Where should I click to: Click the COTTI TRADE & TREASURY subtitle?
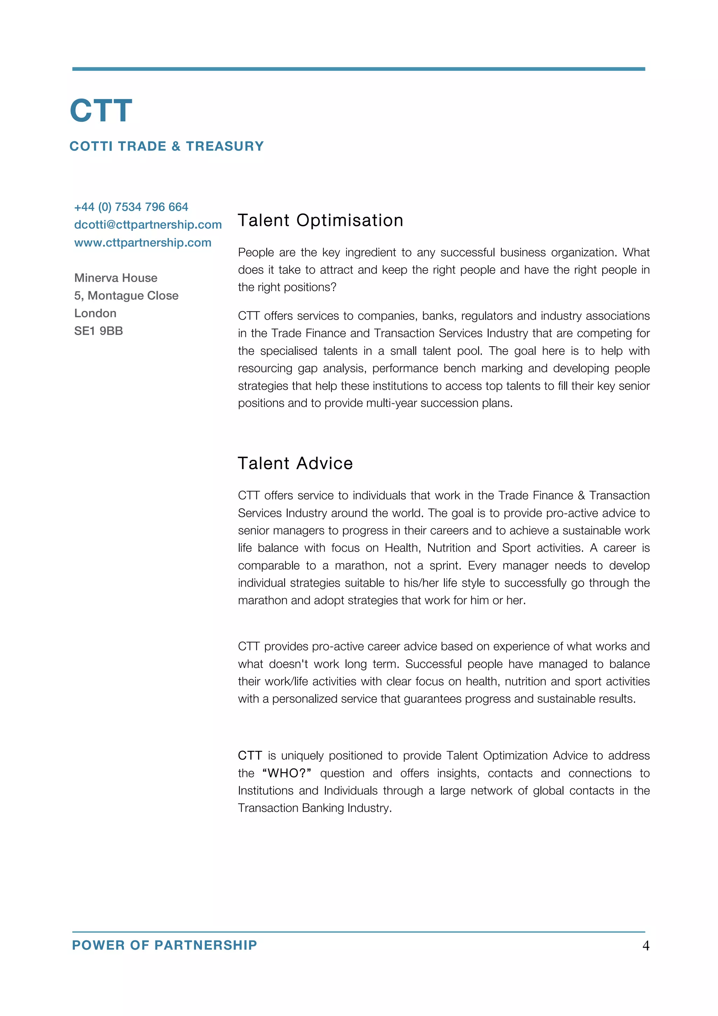click(x=167, y=146)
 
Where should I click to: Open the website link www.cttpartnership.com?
click(x=142, y=242)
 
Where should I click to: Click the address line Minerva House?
click(x=115, y=278)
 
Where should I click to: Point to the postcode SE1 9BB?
click(x=98, y=330)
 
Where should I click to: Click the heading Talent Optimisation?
click(x=320, y=220)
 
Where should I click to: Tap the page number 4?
click(x=645, y=945)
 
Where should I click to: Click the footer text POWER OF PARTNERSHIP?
click(x=164, y=945)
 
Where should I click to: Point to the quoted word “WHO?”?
click(x=286, y=773)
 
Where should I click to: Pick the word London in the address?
click(x=95, y=313)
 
